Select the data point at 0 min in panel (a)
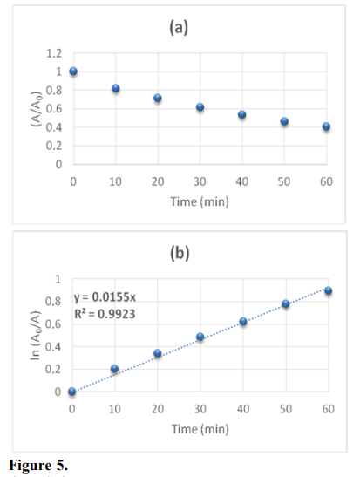(73, 72)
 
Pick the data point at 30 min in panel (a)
(200, 107)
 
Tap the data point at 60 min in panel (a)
(326, 126)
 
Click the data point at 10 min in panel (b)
(115, 369)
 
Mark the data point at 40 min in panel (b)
(243, 322)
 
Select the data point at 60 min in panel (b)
(329, 291)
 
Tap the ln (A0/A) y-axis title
(34, 336)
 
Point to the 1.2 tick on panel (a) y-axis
(54, 53)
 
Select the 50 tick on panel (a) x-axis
(284, 181)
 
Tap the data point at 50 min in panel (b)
(286, 303)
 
